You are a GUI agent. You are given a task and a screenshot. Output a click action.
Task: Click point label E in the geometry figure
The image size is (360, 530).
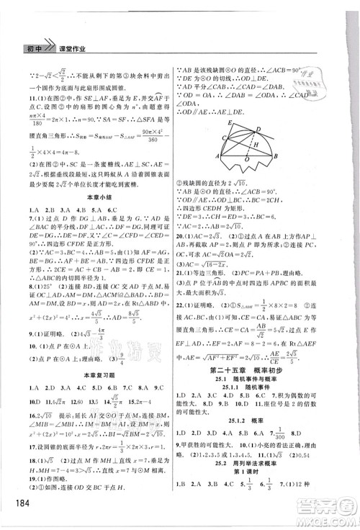tap(226, 122)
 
